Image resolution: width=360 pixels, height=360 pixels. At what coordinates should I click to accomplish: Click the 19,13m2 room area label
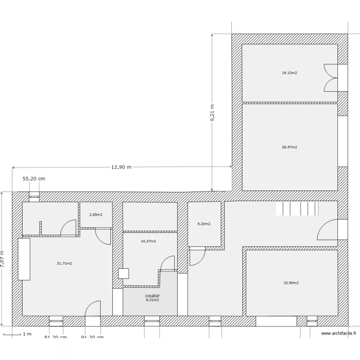[x=289, y=73]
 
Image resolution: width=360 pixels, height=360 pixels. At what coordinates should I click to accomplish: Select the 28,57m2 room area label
[x=289, y=147]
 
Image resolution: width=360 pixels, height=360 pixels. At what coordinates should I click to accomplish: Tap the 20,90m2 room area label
[x=291, y=283]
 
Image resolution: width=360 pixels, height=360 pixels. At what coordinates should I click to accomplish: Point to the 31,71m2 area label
[x=64, y=263]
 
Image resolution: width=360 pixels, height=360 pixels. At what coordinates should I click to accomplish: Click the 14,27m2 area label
[x=148, y=241]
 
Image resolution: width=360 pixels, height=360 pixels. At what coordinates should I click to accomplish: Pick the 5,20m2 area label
[x=204, y=224]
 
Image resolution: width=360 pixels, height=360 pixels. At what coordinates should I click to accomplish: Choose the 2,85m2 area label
[x=96, y=215]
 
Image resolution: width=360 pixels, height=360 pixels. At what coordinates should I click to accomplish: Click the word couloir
[x=153, y=296]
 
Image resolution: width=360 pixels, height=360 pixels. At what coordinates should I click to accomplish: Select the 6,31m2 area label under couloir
[x=153, y=300]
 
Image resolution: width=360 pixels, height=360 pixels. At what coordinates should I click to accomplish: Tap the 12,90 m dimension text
[x=121, y=167]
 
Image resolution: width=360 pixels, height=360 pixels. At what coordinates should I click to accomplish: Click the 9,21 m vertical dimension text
[x=212, y=113]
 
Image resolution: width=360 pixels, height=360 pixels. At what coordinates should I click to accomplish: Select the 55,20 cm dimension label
[x=34, y=179]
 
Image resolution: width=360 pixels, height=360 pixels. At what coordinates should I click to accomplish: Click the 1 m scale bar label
[x=27, y=334]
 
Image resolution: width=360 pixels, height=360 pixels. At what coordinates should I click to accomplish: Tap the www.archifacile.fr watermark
[x=339, y=333]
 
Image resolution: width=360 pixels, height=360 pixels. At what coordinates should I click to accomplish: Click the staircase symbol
[x=297, y=209]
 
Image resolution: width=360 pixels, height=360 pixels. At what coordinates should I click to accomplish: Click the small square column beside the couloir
[x=123, y=274]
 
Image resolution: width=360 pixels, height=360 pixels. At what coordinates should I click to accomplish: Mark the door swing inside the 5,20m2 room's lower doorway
[x=197, y=257]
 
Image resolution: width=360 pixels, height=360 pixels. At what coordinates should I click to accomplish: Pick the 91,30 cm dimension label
[x=93, y=337]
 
